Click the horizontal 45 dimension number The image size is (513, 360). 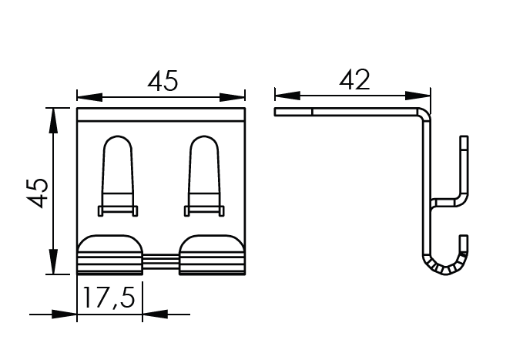click(163, 81)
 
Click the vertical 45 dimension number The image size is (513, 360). click(38, 193)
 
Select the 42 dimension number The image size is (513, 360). click(354, 79)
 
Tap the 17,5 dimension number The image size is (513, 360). click(109, 298)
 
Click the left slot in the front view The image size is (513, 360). click(118, 176)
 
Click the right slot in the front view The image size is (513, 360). click(204, 176)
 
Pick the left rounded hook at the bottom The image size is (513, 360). click(109, 254)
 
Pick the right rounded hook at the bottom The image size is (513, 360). click(212, 254)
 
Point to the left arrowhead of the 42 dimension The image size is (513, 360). click(287, 96)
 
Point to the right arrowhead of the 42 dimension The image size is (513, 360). click(417, 96)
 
